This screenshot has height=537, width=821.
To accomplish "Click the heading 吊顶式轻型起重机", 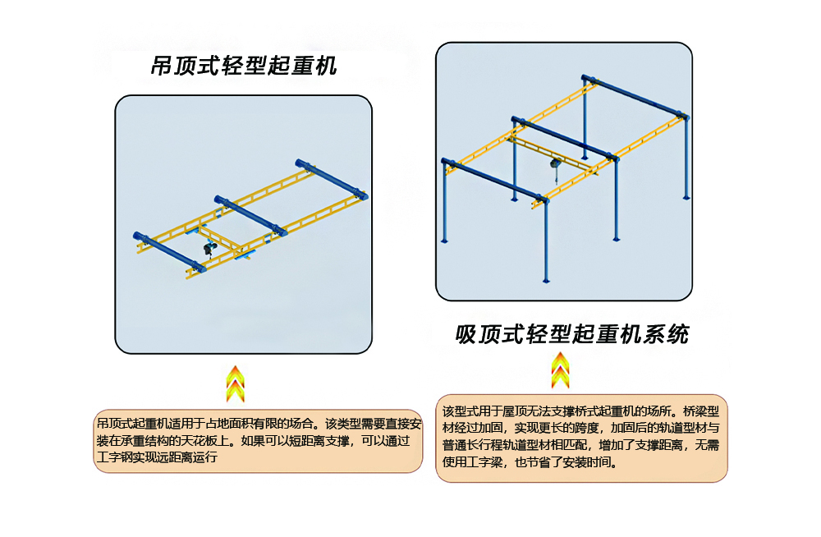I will [243, 67].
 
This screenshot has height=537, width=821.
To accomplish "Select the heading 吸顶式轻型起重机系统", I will [571, 335].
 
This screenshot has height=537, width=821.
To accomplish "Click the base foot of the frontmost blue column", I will [546, 281].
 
